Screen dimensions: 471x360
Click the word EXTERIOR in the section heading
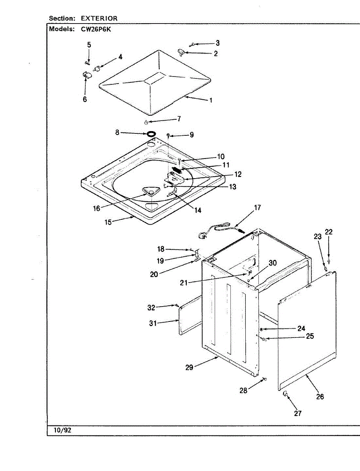coord(99,18)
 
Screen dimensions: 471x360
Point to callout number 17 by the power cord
coord(258,208)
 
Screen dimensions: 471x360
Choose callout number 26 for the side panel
coord(320,396)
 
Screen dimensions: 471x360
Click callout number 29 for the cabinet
coord(189,368)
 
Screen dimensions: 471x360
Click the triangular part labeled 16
coord(150,191)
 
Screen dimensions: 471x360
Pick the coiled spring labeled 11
coord(178,171)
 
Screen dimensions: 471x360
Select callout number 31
coord(153,323)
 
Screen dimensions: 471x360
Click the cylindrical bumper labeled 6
coord(86,75)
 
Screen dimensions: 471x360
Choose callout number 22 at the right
coord(329,232)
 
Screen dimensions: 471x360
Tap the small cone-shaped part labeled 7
coord(146,122)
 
